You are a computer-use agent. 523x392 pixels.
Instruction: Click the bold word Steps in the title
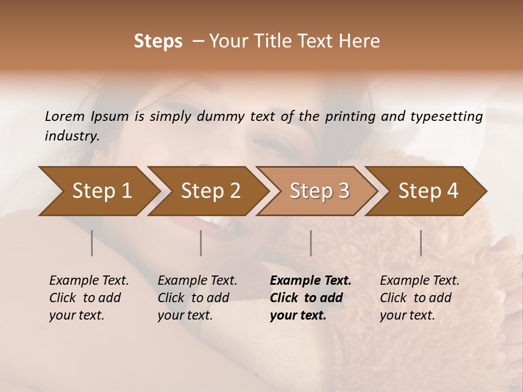tap(158, 41)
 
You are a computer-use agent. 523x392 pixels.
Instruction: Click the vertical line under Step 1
tap(92, 243)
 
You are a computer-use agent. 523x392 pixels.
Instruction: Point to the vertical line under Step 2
tap(201, 243)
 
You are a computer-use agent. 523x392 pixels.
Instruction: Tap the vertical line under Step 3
tap(311, 243)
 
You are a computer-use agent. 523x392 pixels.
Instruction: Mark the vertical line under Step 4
tap(421, 243)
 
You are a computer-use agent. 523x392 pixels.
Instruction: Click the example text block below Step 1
tap(89, 298)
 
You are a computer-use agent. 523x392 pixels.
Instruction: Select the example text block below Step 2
tap(197, 298)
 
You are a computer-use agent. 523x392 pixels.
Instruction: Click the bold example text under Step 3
tap(311, 298)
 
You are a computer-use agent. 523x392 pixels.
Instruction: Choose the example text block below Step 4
tap(419, 298)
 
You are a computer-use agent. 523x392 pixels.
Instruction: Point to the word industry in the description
tap(72, 136)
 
